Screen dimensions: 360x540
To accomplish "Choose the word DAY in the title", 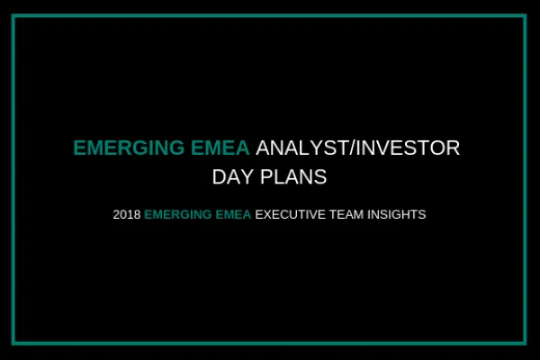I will (x=230, y=177).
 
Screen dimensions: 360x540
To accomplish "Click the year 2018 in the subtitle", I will (x=127, y=215).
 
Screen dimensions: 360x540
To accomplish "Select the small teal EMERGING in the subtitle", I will (x=177, y=215).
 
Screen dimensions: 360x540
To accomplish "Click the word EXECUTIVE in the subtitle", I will (x=290, y=215).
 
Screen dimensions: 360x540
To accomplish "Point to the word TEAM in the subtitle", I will (x=346, y=215).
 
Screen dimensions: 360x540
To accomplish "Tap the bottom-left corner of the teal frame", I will (x=15, y=343).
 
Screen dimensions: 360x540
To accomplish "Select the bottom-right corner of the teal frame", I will (x=525, y=343).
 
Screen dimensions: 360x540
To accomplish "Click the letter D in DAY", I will (x=219, y=177).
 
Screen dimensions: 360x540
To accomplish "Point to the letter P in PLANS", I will (x=265, y=177).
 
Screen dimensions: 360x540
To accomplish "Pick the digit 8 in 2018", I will (x=138, y=215).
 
